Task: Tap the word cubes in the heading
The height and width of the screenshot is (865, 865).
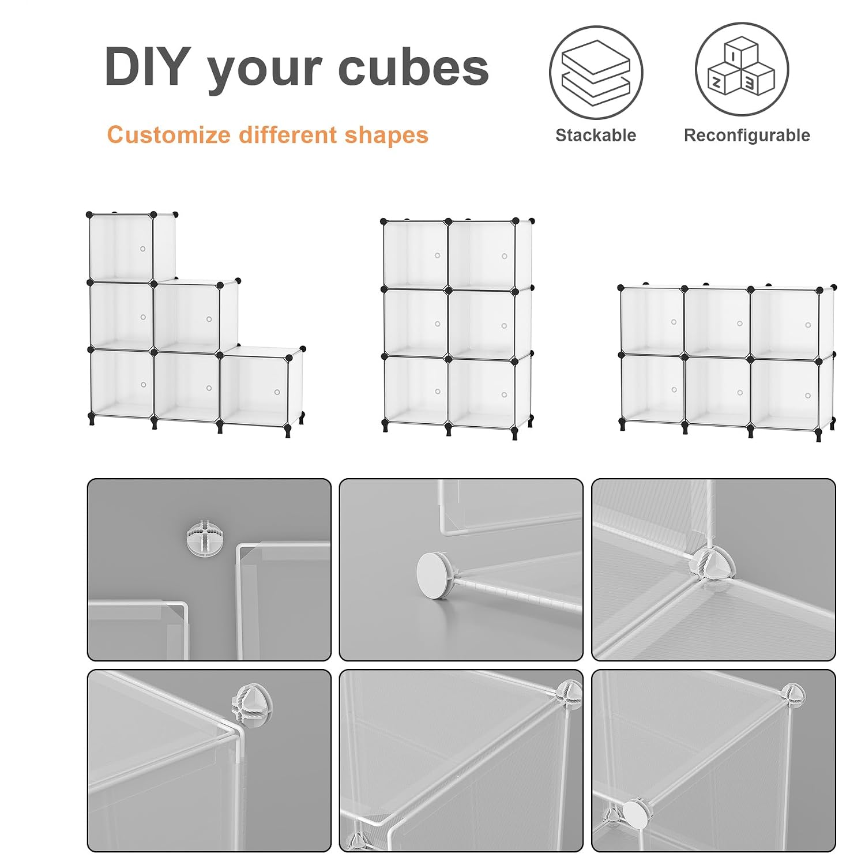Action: click(x=413, y=67)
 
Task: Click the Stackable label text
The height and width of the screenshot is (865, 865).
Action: click(x=596, y=136)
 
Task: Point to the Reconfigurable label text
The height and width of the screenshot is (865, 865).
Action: click(x=747, y=136)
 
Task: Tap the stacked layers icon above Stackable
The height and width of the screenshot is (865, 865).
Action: click(x=596, y=72)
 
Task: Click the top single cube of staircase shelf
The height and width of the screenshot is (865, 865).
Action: click(x=122, y=248)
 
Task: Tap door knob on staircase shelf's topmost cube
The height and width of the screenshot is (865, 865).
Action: click(x=143, y=249)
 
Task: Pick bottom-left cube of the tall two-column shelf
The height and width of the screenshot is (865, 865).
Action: click(x=415, y=390)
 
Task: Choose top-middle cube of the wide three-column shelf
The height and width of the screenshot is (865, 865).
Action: click(x=717, y=322)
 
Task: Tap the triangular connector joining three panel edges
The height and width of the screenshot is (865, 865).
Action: click(x=713, y=564)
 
